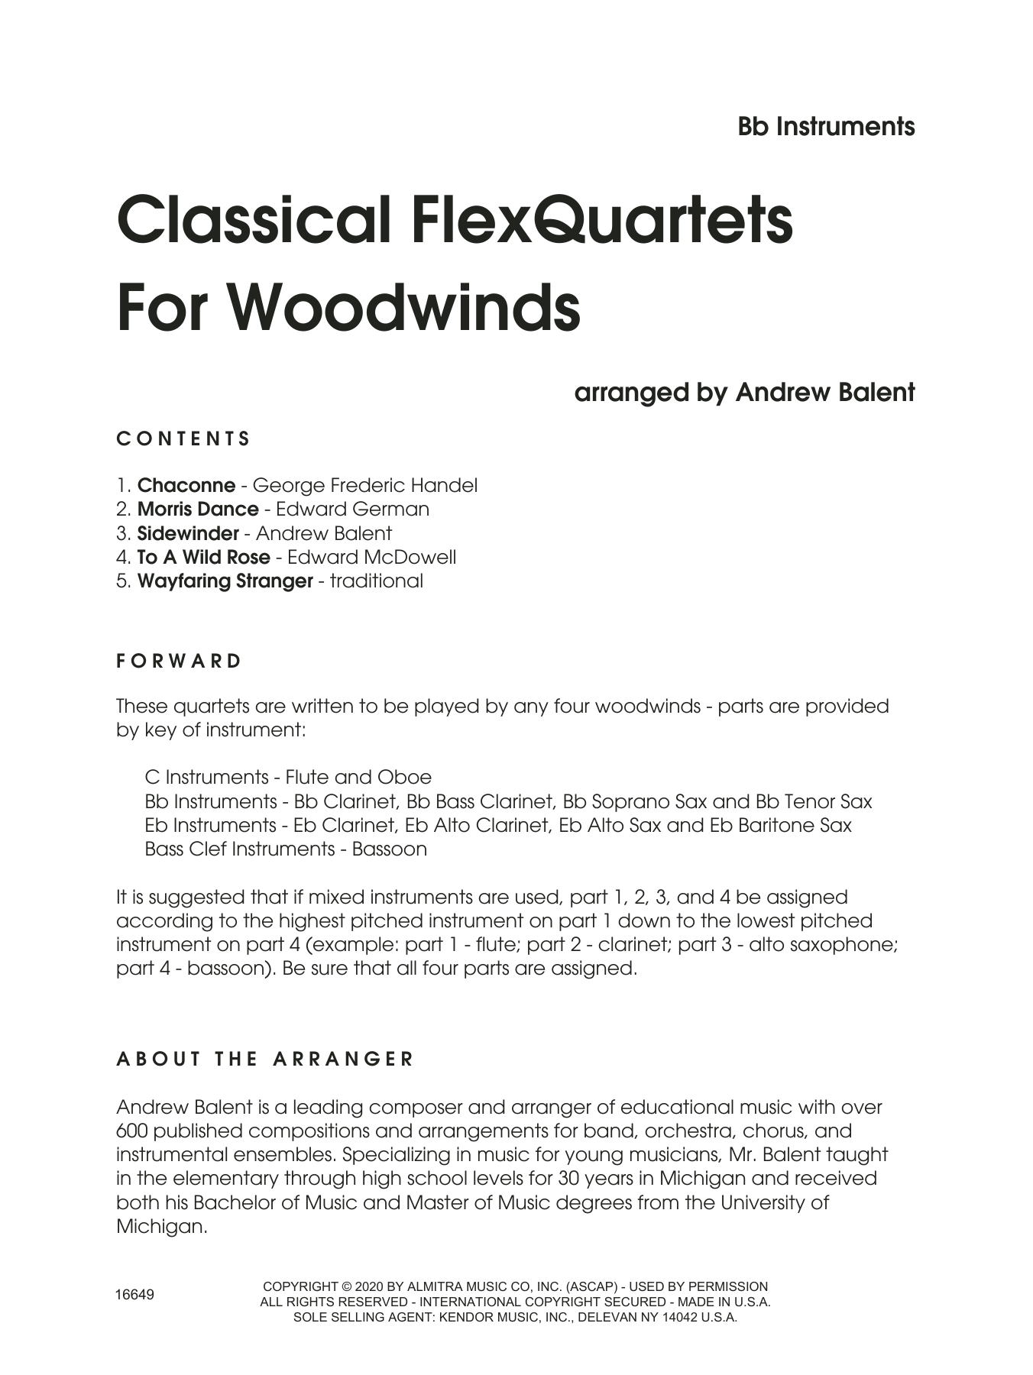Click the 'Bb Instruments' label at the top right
(826, 127)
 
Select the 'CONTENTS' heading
(183, 438)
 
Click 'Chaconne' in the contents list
(186, 485)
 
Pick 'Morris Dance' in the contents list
(198, 509)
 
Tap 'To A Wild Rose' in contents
(203, 557)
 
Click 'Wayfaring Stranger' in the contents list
(225, 581)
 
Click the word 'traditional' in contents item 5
(376, 581)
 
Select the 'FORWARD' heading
(180, 661)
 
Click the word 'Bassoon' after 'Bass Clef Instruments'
(389, 849)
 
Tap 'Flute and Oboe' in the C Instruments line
(358, 777)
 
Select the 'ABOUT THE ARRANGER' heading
(265, 1059)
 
